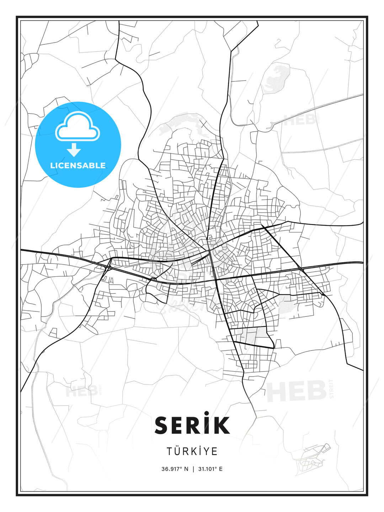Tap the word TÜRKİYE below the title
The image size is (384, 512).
point(192,451)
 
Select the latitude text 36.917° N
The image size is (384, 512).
point(175,469)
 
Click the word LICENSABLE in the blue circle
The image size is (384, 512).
point(78,165)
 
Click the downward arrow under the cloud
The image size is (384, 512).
point(74,150)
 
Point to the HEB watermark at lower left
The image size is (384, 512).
point(81,391)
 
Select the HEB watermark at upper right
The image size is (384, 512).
point(300,120)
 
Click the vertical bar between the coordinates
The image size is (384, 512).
point(193,469)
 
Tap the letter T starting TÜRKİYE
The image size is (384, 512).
point(170,452)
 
